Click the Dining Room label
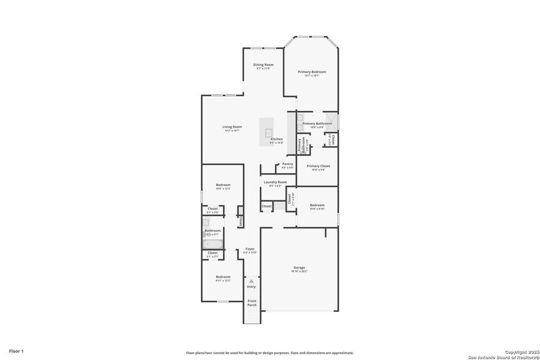263,65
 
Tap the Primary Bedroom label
312,72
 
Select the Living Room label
232,127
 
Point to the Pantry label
288,164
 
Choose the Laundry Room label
275,182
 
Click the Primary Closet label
318,166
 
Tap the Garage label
299,268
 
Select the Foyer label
250,248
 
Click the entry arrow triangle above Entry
251,280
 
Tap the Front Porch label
252,303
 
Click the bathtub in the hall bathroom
213,244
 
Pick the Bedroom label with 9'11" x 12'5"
223,277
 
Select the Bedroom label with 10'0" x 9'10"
317,205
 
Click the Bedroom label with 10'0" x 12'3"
223,185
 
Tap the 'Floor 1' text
16,350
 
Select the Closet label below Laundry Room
266,206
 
